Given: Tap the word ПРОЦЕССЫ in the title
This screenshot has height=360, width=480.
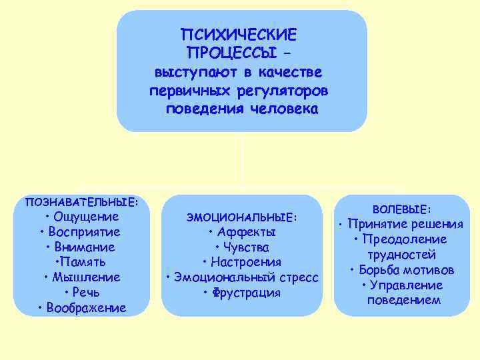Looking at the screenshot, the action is pyautogui.click(x=232, y=52).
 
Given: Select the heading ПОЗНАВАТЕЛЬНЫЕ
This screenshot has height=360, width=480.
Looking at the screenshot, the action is pyautogui.click(x=81, y=201).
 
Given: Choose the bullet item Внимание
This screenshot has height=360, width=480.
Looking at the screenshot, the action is pyautogui.click(x=84, y=247).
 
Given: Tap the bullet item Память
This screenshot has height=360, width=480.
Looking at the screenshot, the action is pyautogui.click(x=85, y=262).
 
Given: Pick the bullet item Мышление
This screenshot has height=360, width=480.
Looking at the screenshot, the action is pyautogui.click(x=85, y=277).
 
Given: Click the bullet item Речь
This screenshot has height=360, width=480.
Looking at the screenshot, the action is pyautogui.click(x=85, y=293).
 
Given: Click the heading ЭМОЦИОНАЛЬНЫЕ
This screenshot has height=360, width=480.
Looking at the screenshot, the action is pyautogui.click(x=241, y=217).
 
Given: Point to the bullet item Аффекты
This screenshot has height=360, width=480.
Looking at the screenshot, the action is pyautogui.click(x=245, y=233).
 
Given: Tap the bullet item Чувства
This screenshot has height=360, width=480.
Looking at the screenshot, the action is pyautogui.click(x=245, y=247).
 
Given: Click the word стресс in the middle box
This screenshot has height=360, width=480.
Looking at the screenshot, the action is pyautogui.click(x=297, y=277).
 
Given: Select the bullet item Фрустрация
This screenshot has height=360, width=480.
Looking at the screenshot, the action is pyautogui.click(x=245, y=293).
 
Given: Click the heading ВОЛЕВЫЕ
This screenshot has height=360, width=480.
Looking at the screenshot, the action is pyautogui.click(x=402, y=209).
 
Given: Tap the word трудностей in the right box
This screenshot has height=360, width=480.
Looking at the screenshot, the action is pyautogui.click(x=401, y=255).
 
